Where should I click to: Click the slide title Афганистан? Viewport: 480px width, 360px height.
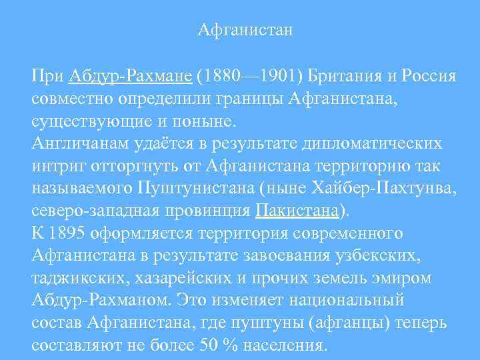(246, 30)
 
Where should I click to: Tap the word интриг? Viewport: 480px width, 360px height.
(55, 167)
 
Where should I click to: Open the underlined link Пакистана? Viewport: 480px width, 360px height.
(297, 211)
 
